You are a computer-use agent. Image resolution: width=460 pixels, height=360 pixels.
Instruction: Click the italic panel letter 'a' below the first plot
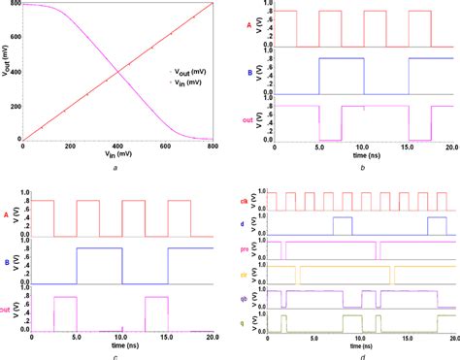[x=116, y=169]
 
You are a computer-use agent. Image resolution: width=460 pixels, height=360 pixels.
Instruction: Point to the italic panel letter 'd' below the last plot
[x=361, y=354]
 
